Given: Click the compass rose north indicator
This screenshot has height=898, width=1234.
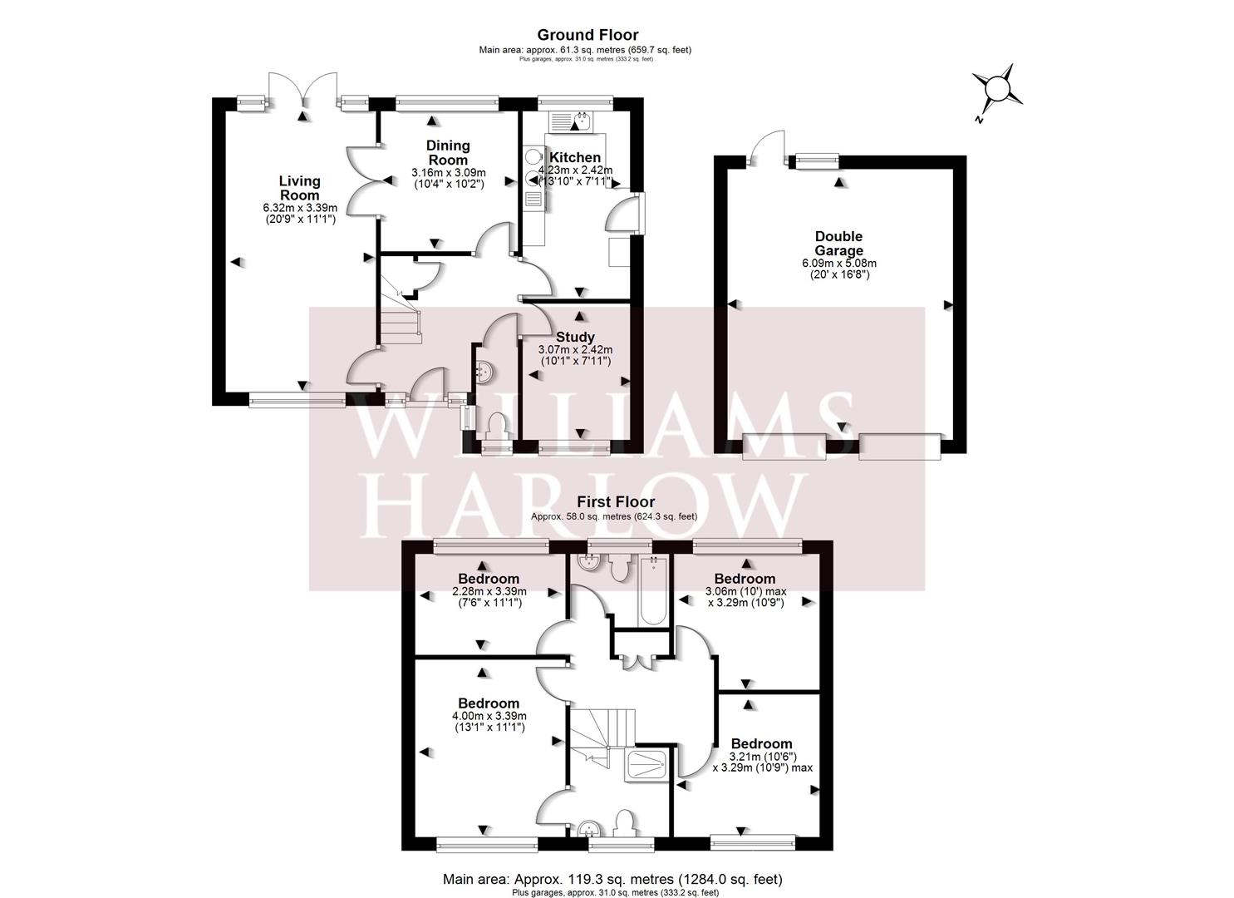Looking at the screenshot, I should (997, 88).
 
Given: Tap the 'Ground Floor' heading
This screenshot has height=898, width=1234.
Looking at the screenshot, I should (588, 35).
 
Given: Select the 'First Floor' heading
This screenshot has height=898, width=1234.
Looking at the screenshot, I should (616, 502).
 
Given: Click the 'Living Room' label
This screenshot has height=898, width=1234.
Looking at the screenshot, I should (299, 188).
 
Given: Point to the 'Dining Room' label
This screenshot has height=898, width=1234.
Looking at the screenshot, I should (448, 153).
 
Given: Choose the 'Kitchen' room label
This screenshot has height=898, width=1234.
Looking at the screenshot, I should (575, 158).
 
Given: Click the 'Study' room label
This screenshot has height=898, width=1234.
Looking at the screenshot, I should (575, 337).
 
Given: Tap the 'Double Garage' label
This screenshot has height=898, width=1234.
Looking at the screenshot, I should (838, 244).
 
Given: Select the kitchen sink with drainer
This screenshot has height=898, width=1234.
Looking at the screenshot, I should (569, 122).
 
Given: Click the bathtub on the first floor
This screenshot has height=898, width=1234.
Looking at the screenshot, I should (652, 592).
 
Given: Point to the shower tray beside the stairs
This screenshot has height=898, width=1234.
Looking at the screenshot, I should (646, 764).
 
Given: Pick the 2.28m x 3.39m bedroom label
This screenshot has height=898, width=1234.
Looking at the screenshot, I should (489, 579).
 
